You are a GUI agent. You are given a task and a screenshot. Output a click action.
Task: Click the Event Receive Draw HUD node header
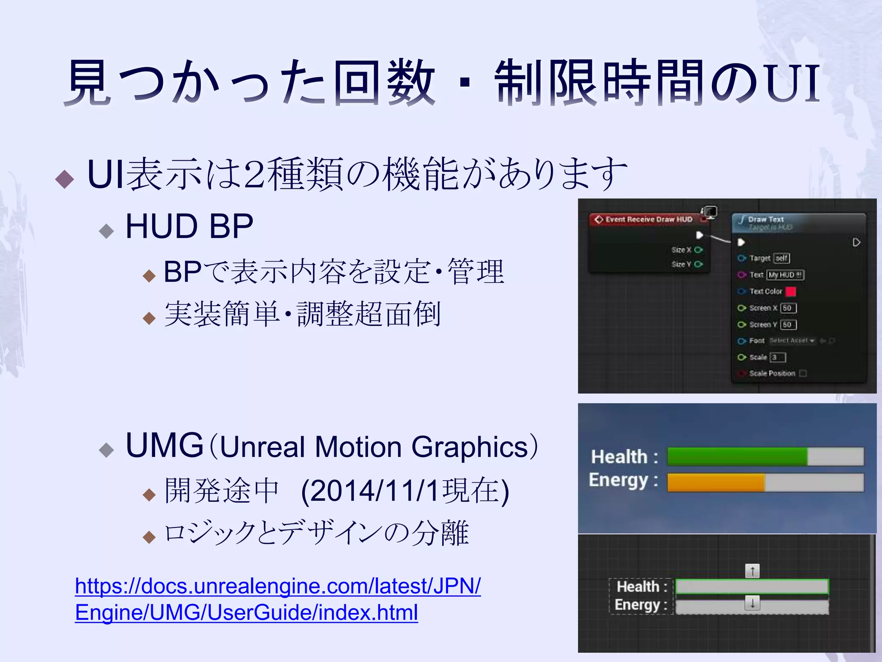[648, 219]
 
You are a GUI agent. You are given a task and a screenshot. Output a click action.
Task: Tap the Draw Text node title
[766, 219]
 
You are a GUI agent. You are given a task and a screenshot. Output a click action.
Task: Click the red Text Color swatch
[791, 292]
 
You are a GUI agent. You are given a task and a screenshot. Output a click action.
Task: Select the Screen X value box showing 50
[788, 308]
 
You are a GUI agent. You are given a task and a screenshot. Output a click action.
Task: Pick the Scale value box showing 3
[778, 357]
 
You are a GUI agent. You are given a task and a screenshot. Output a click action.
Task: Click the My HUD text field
[785, 275]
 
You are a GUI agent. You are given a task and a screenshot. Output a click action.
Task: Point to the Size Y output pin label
[681, 264]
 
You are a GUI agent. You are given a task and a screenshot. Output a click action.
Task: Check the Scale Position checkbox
[803, 373]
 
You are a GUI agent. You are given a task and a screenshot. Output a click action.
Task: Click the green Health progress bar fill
[736, 456]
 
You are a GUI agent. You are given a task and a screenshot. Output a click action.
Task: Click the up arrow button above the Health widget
[752, 571]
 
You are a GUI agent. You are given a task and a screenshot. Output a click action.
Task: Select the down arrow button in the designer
[752, 603]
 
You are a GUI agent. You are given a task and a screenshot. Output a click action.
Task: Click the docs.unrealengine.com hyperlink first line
[277, 586]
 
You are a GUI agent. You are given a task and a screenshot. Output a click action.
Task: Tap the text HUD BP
[189, 227]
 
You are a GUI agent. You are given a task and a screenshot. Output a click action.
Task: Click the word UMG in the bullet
[164, 446]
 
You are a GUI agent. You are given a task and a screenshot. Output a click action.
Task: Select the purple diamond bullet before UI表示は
[65, 179]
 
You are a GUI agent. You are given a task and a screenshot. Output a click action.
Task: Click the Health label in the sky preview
[619, 457]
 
